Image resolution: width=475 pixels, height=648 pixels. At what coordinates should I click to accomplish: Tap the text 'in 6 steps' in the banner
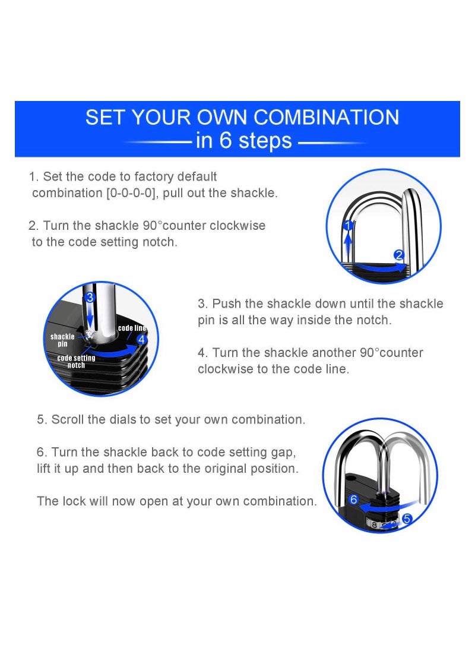(x=243, y=141)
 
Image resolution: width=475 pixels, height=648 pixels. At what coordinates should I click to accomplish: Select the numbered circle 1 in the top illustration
(x=349, y=225)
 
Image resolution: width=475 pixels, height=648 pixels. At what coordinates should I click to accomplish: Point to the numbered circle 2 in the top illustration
(x=399, y=255)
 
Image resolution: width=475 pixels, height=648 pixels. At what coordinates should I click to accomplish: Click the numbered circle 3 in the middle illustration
(x=90, y=296)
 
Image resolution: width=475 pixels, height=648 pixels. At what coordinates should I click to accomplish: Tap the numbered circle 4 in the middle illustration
(x=141, y=340)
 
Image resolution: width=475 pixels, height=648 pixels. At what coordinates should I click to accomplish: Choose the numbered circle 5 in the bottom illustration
(x=407, y=519)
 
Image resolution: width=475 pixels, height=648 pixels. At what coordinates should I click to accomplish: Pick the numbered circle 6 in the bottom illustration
(x=354, y=500)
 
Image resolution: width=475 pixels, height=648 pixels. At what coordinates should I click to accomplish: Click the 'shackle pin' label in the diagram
(x=62, y=340)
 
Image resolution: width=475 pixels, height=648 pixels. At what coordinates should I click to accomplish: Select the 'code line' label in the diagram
(x=132, y=328)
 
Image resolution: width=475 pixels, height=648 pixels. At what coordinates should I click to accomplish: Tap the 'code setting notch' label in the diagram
(x=76, y=362)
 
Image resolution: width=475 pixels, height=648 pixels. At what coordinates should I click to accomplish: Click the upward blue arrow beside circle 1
(x=349, y=244)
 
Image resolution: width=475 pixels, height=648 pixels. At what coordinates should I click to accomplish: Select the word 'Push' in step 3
(x=226, y=304)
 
